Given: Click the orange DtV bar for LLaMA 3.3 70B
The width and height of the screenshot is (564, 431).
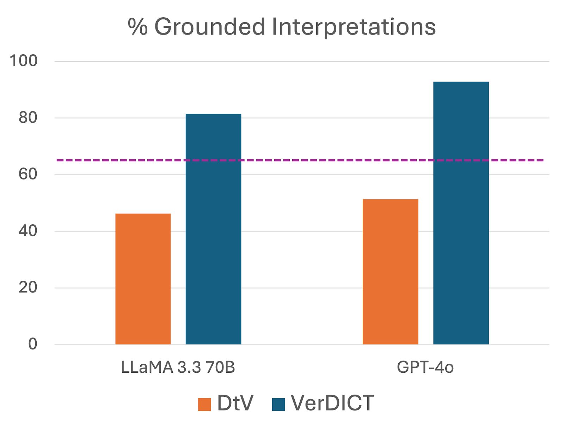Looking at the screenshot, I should click(x=143, y=279).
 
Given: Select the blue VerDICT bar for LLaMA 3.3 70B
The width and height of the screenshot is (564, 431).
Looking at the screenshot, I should click(x=213, y=229).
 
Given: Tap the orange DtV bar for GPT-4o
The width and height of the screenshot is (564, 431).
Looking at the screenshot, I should click(x=390, y=272).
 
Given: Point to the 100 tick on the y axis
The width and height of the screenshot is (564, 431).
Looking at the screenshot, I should click(x=24, y=61).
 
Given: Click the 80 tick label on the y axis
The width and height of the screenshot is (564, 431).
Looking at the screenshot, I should click(x=28, y=118).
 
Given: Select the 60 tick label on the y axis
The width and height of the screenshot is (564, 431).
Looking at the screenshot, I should click(x=28, y=174).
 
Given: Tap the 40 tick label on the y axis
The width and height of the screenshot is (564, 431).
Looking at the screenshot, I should click(x=28, y=231).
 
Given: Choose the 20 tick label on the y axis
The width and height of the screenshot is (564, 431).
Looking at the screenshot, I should click(x=28, y=287).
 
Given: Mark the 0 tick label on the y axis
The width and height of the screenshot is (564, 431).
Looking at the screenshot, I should click(x=32, y=344).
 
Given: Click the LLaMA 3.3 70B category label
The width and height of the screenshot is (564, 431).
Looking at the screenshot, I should click(x=178, y=368).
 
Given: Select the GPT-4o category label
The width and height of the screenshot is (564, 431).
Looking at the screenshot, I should click(x=425, y=368).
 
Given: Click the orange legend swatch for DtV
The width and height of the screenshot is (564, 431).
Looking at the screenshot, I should click(x=204, y=404).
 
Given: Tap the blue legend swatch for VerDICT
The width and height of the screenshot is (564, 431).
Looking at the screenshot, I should click(x=278, y=404).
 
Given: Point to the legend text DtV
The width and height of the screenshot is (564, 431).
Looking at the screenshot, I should click(x=235, y=403).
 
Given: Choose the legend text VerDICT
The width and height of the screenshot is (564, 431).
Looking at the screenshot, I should click(x=332, y=403).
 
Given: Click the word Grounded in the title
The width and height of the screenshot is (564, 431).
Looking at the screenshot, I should click(x=210, y=27).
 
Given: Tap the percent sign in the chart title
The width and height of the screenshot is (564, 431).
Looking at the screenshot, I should click(x=137, y=27).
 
